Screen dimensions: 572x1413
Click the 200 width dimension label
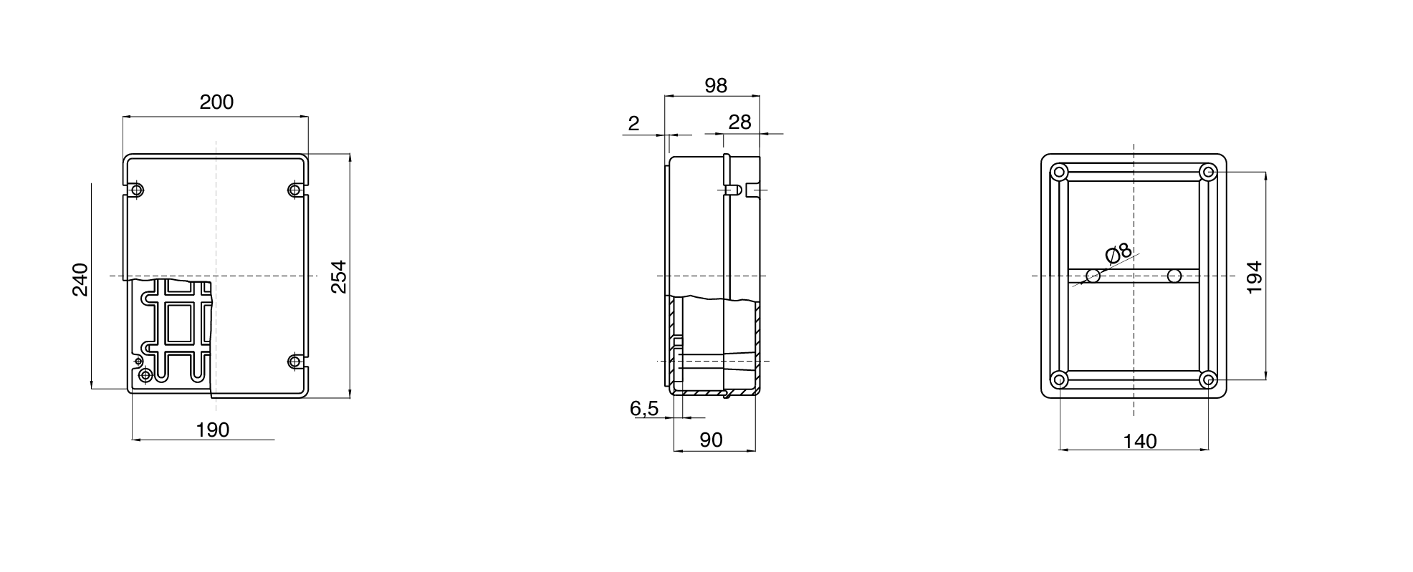216,102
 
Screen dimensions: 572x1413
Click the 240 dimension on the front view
80,280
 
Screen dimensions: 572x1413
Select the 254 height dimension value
339,276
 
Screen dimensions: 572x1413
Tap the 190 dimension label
213,430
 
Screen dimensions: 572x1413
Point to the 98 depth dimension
715,86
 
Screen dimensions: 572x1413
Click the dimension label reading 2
633,124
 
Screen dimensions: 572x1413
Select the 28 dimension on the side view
739,123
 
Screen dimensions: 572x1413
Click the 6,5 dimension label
643,409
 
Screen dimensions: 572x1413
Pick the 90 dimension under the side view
711,440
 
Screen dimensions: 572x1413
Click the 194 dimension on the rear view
1254,277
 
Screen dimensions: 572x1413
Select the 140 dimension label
1139,442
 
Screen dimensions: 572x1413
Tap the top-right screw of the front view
294,190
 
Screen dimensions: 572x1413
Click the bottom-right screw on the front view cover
294,362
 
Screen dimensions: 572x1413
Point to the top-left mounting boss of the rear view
1060,173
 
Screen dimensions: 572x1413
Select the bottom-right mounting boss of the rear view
1208,379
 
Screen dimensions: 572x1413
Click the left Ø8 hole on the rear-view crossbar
1093,276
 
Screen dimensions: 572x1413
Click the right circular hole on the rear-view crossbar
1174,276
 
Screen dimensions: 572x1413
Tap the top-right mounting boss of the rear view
1208,173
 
